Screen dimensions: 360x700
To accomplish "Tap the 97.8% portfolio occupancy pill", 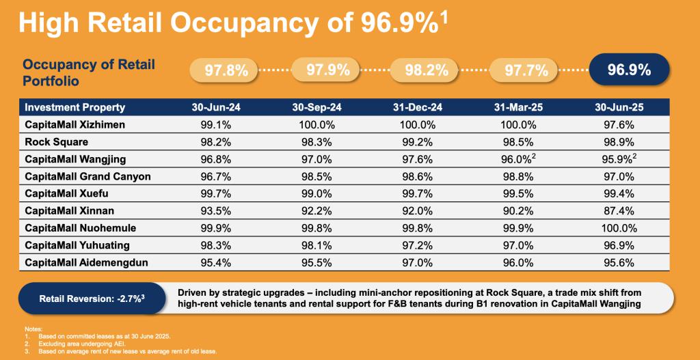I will (223, 70).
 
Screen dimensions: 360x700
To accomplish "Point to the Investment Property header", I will (75, 107).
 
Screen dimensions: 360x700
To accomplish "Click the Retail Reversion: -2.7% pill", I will (89, 298).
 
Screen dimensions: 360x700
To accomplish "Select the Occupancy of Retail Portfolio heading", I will (89, 72).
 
